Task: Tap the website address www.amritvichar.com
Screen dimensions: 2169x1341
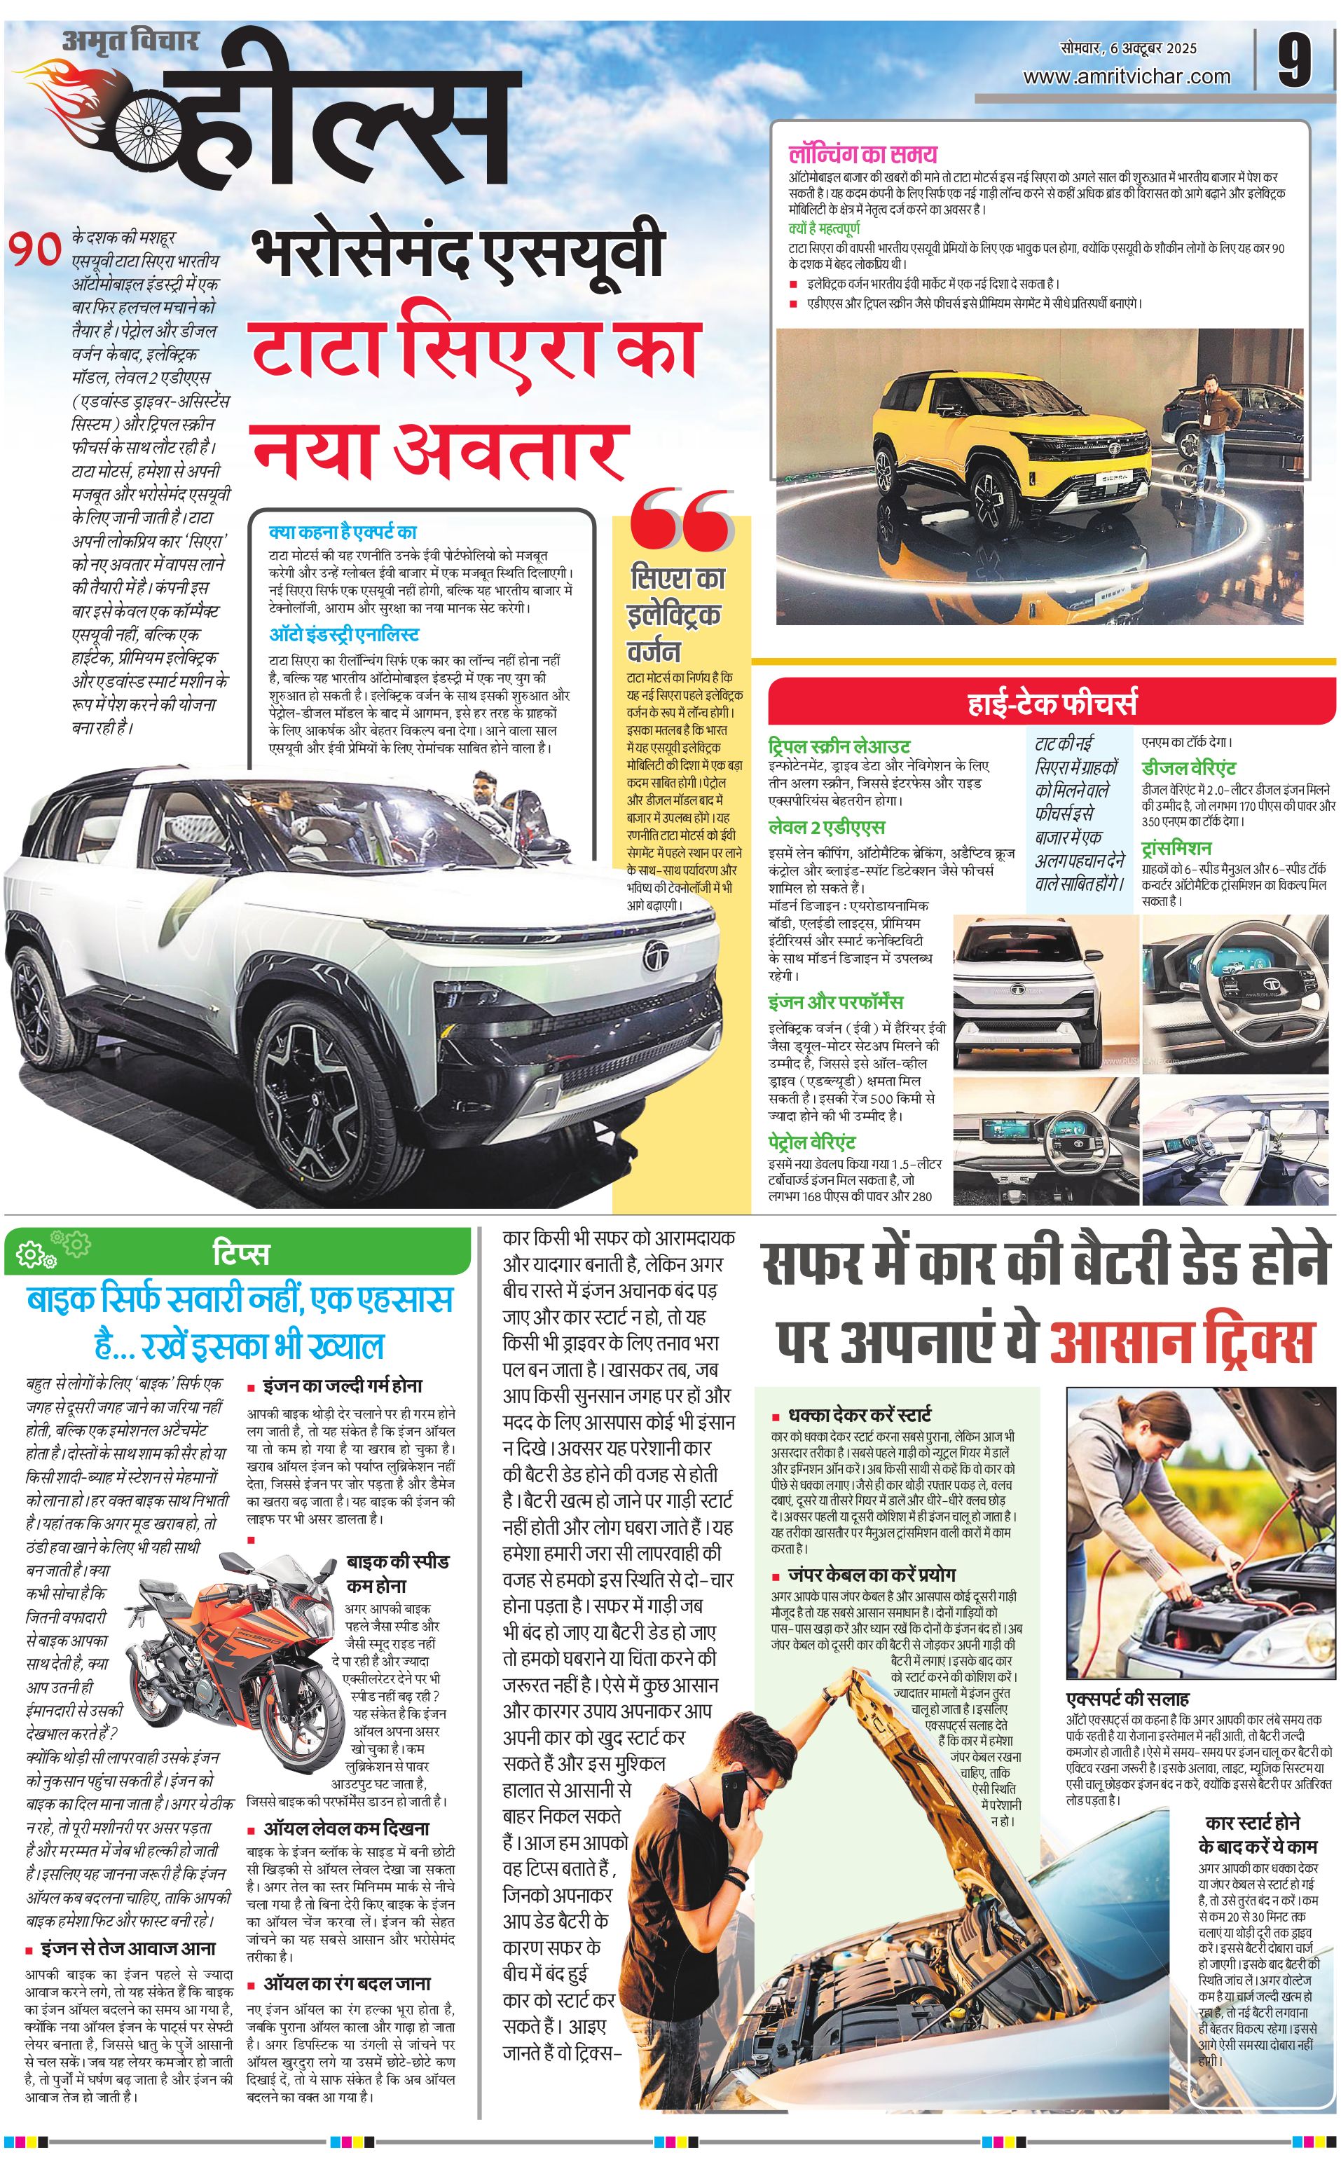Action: (1127, 77)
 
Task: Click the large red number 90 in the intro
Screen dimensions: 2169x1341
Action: (36, 249)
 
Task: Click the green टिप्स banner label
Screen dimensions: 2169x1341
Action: (240, 1254)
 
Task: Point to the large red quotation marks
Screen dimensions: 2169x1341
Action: (682, 521)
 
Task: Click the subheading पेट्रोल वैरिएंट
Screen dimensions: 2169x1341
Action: (811, 1142)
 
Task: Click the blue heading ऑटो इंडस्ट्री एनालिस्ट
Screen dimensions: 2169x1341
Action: (344, 635)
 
